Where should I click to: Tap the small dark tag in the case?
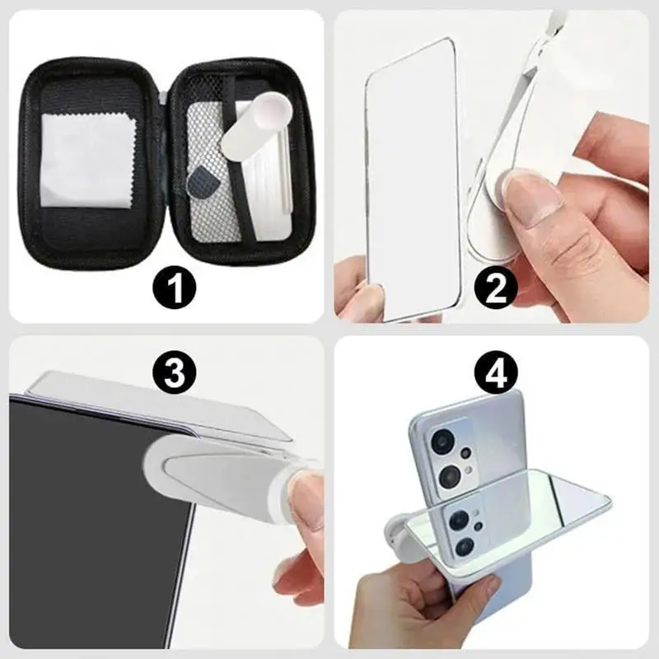point(200,179)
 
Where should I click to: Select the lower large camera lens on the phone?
point(451,476)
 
